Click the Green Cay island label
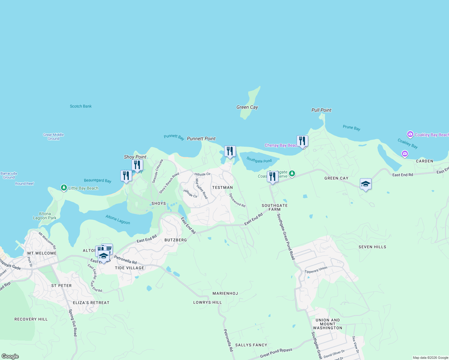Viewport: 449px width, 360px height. click(x=247, y=107)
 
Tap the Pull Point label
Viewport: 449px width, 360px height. click(x=321, y=110)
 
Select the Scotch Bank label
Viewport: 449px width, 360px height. click(x=81, y=106)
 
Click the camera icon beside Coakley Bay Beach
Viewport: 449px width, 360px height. click(x=410, y=134)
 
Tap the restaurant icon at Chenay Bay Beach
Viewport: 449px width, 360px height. click(x=302, y=141)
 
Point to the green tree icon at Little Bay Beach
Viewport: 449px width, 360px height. click(x=64, y=188)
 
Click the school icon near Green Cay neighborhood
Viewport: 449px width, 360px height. click(x=366, y=184)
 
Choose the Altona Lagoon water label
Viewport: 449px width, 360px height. click(x=118, y=220)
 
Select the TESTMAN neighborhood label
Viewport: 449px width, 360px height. click(x=222, y=187)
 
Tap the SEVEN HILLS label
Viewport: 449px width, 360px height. click(x=372, y=247)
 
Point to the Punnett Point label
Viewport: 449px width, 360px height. click(x=201, y=139)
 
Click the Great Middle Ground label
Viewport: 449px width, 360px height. click(x=53, y=137)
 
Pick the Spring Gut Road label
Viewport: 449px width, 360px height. click(x=73, y=323)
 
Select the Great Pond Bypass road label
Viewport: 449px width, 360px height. click(x=276, y=352)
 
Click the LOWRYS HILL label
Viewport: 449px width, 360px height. click(x=207, y=302)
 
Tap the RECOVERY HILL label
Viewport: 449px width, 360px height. click(x=31, y=319)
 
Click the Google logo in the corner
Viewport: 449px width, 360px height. click(x=10, y=356)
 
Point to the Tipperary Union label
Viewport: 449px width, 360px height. click(x=316, y=270)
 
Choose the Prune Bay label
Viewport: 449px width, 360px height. click(x=351, y=127)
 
